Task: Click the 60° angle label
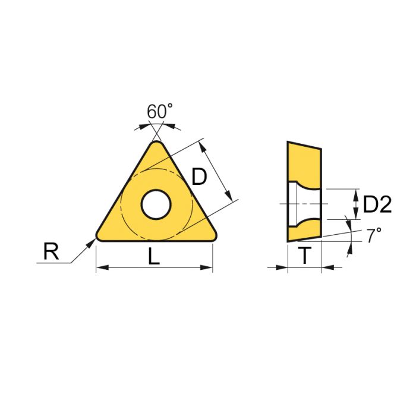[x=159, y=111]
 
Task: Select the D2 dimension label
[x=377, y=205]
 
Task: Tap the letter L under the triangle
[x=154, y=256]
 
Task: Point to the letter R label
[x=51, y=252]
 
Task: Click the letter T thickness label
[x=304, y=256]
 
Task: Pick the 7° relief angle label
[x=373, y=235]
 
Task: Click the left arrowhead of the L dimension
[x=100, y=268]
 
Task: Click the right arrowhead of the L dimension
[x=209, y=268]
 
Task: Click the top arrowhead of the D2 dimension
[x=356, y=193]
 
